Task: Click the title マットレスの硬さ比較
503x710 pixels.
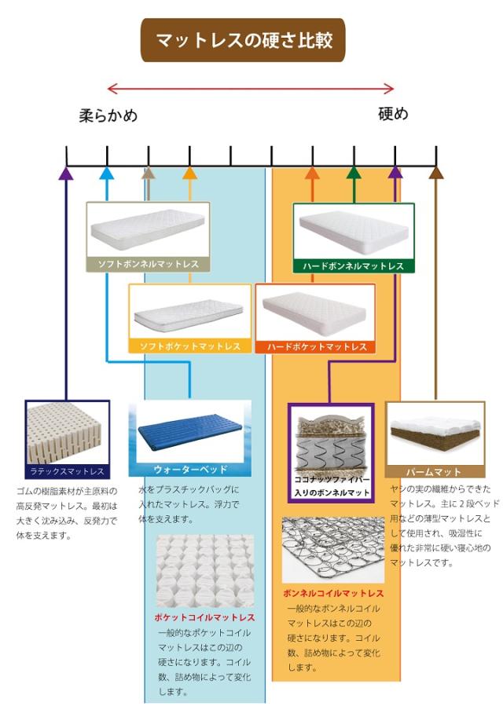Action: click(243, 40)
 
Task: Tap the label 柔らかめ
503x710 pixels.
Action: click(108, 115)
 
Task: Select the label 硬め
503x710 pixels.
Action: click(393, 114)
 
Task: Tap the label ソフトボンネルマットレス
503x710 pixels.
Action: click(148, 265)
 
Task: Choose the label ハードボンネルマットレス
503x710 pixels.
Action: click(354, 266)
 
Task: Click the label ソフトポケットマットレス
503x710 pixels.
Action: click(189, 346)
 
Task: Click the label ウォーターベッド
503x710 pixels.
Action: click(190, 470)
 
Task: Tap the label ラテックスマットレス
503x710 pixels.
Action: click(67, 472)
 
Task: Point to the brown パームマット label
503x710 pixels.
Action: click(435, 473)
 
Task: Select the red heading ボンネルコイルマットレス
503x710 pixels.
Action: click(333, 593)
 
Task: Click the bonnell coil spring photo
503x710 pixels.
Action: click(333, 550)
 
